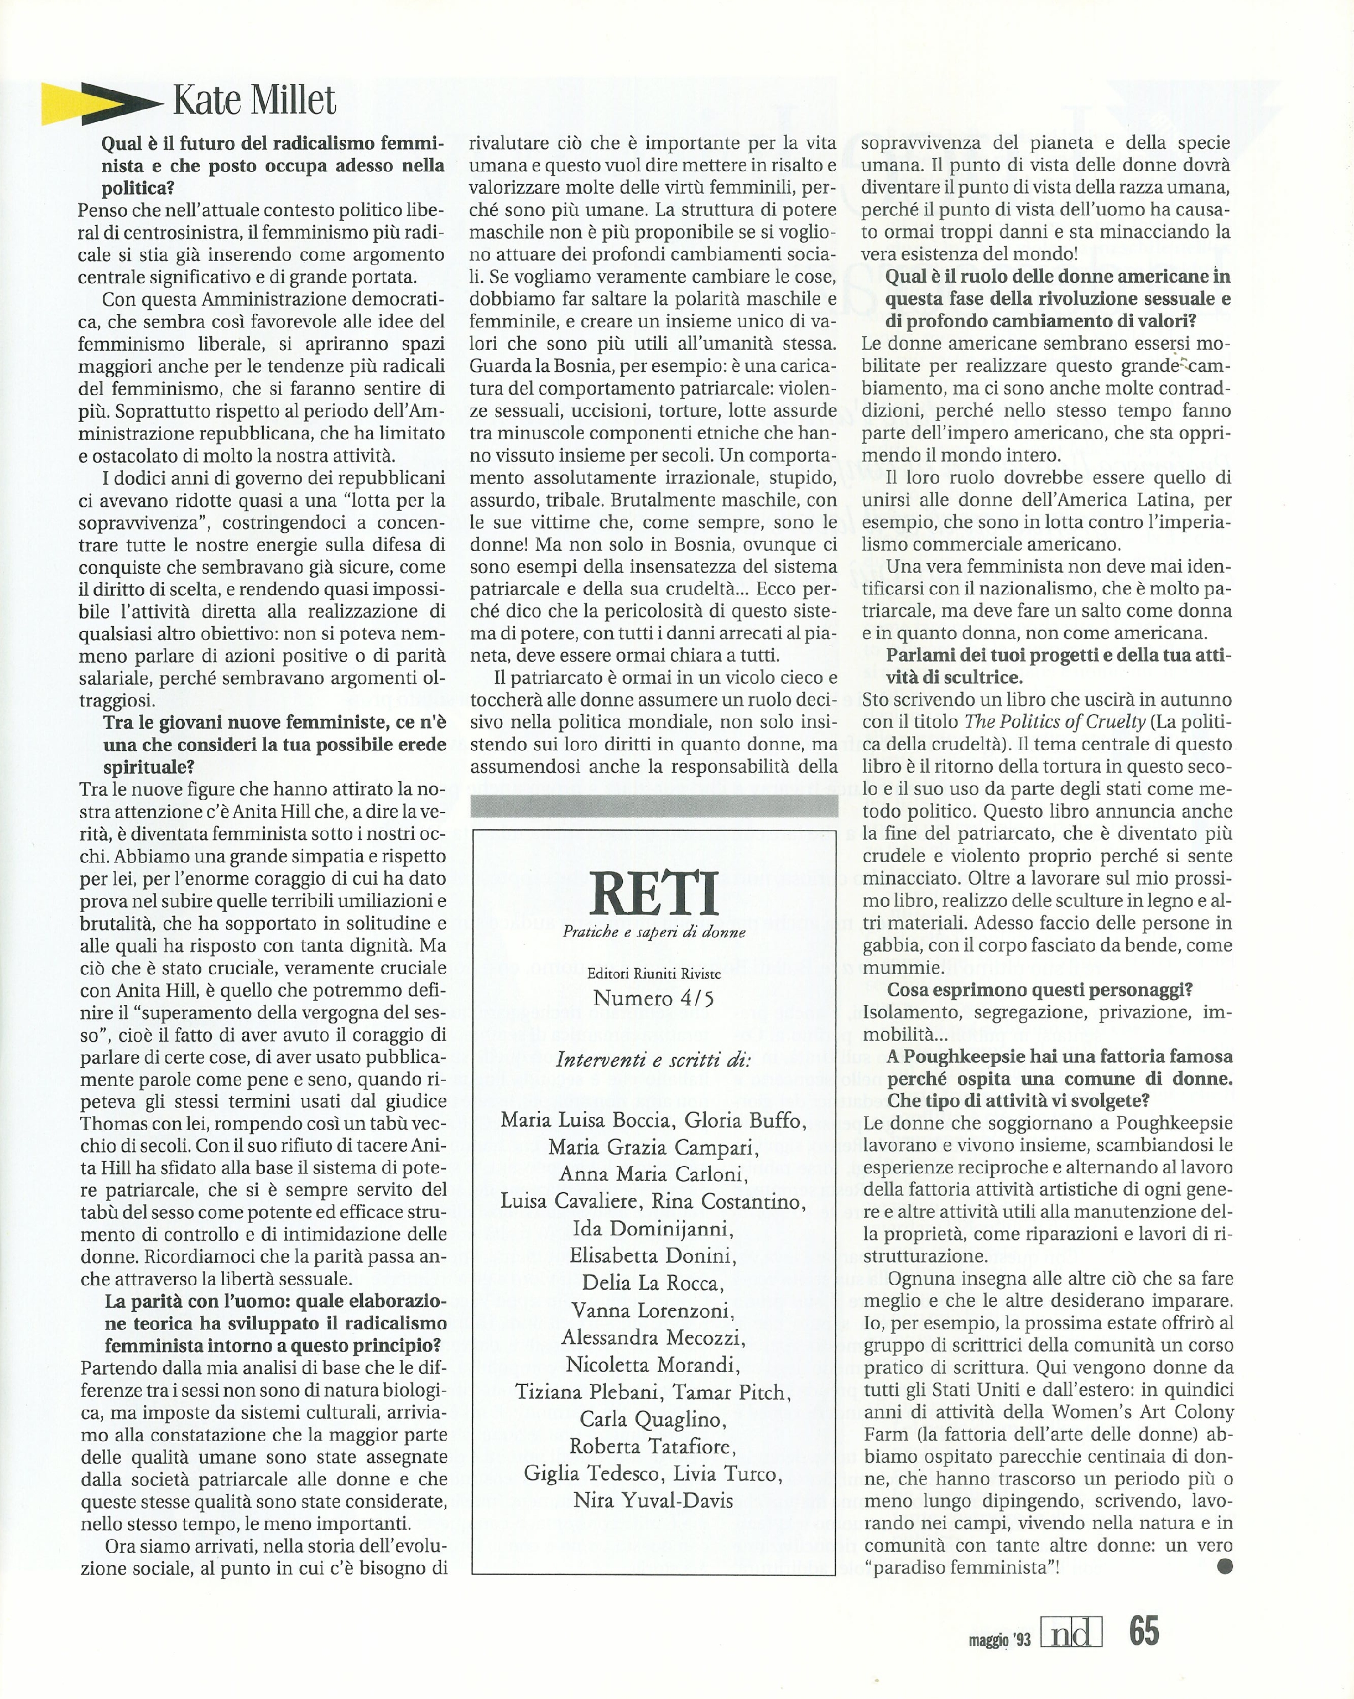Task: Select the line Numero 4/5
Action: [653, 999]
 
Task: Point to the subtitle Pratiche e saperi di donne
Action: [653, 932]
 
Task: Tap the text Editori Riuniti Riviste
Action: [653, 974]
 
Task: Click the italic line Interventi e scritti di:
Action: [653, 1060]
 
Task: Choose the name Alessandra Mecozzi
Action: [653, 1337]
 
